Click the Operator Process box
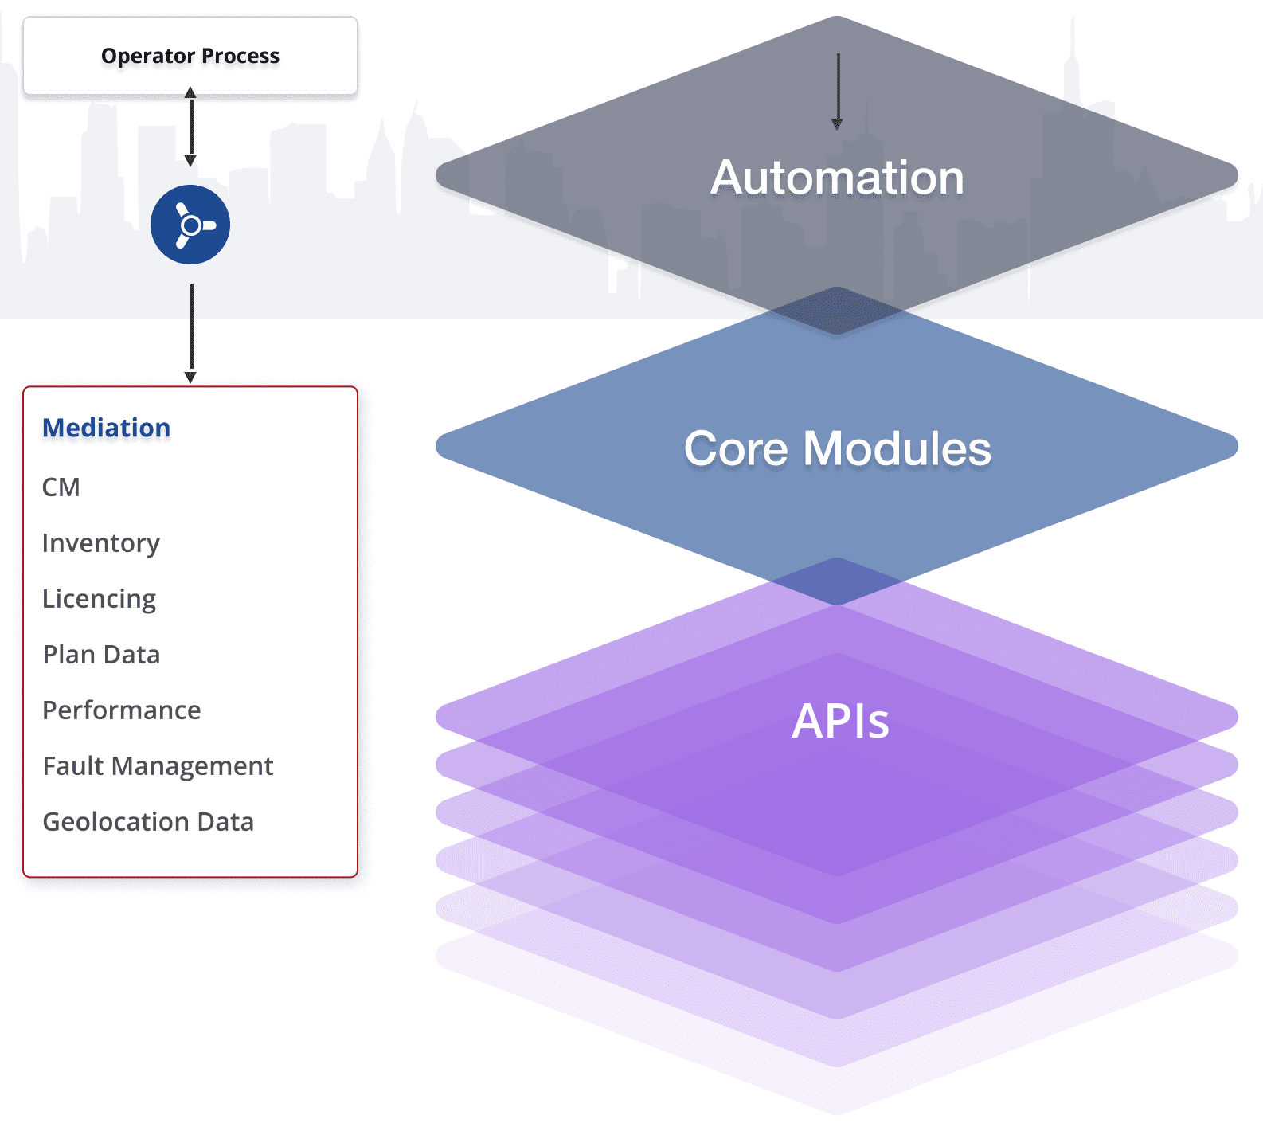[x=190, y=57]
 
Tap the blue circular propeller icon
[x=190, y=225]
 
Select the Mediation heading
[x=106, y=428]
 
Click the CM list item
[x=61, y=487]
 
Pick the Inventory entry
[x=101, y=543]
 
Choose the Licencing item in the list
[x=100, y=599]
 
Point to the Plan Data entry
[x=101, y=655]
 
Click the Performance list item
[x=122, y=710]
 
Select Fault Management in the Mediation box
[x=158, y=766]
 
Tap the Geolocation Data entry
[x=148, y=822]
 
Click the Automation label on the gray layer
[x=837, y=177]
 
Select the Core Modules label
[x=837, y=448]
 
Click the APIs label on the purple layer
[x=840, y=721]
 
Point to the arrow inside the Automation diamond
[x=837, y=92]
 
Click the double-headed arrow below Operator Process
[x=190, y=127]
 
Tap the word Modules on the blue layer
[x=897, y=448]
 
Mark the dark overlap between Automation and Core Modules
[x=837, y=311]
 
